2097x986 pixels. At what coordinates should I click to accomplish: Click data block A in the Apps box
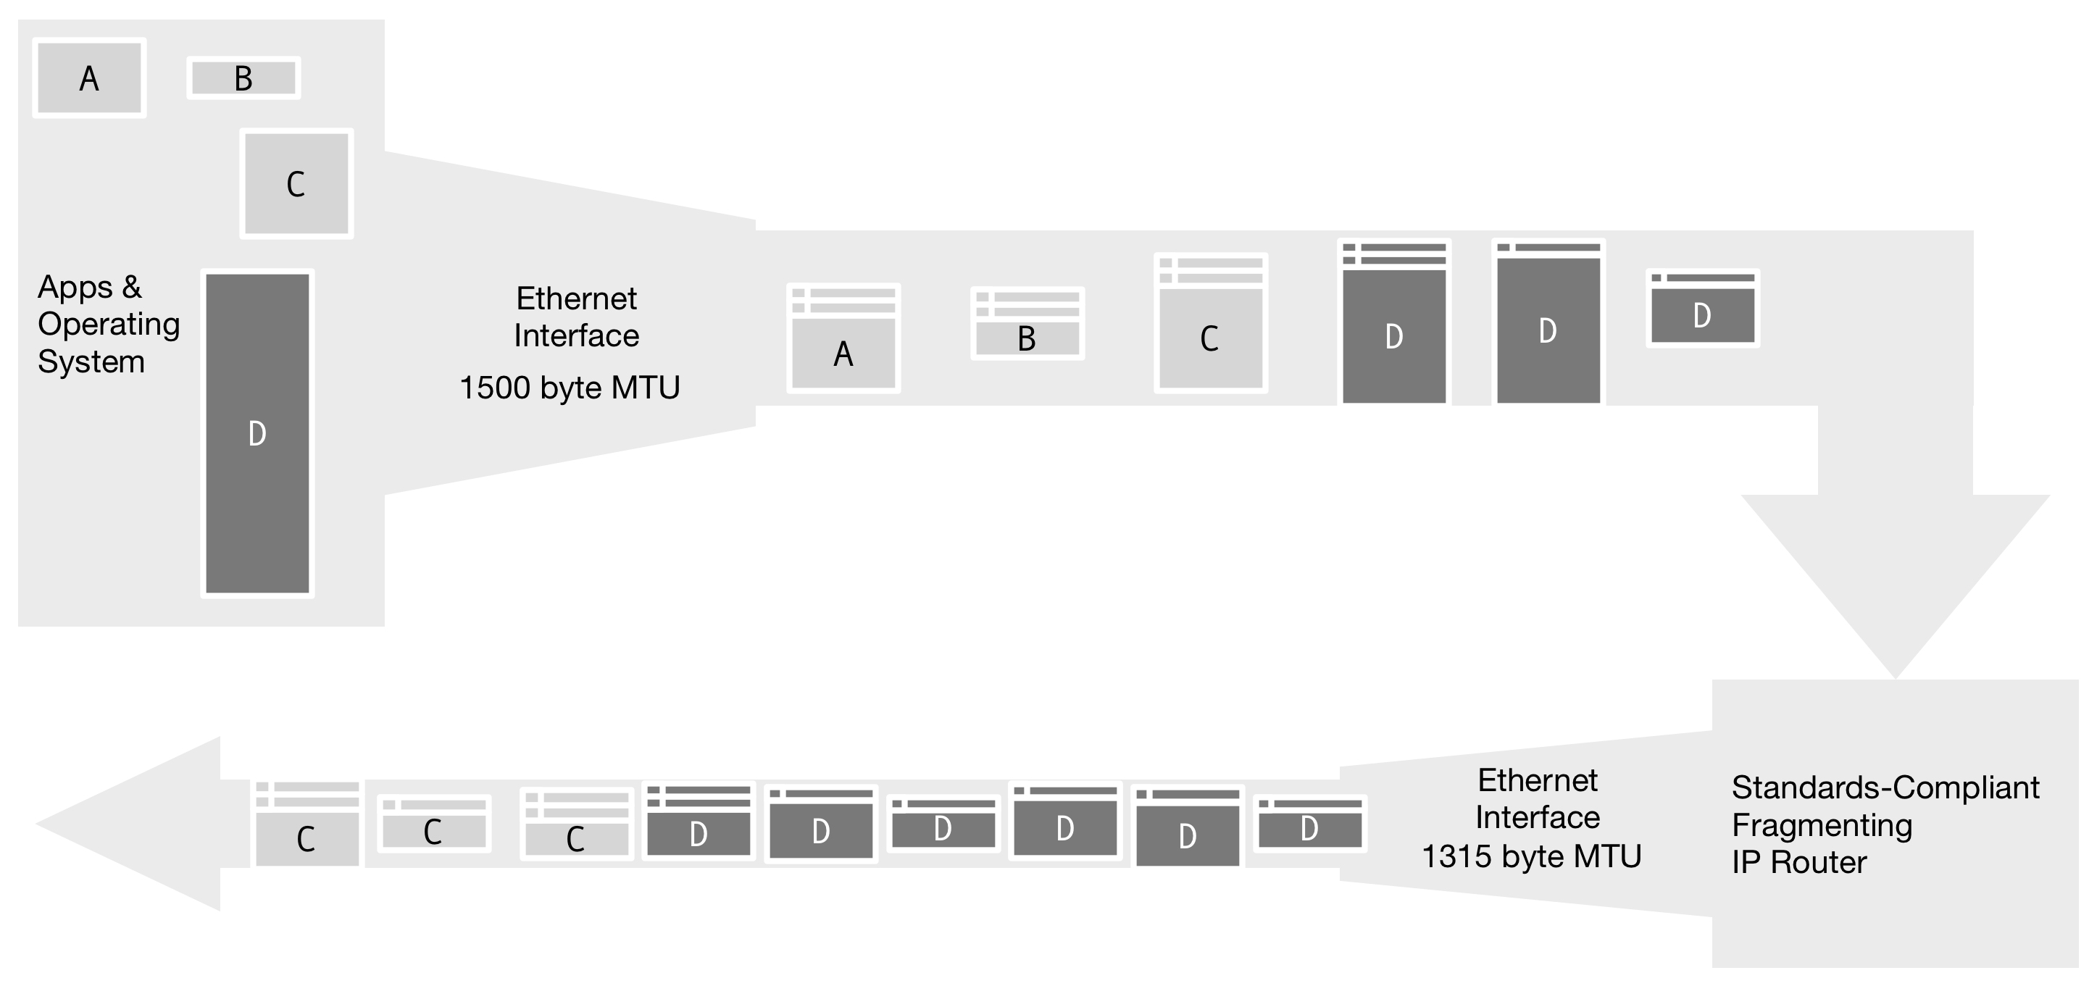pyautogui.click(x=90, y=78)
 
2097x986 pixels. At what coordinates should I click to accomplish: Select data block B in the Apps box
pyautogui.click(x=243, y=78)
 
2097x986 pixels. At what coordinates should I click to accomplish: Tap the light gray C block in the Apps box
pyautogui.click(x=296, y=183)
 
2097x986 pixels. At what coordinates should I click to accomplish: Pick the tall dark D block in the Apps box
pyautogui.click(x=257, y=433)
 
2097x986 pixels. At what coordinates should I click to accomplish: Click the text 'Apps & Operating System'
pyautogui.click(x=108, y=324)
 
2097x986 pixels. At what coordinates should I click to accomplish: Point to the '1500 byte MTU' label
pyautogui.click(x=570, y=388)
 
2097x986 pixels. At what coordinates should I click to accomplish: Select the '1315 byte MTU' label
pyautogui.click(x=1531, y=856)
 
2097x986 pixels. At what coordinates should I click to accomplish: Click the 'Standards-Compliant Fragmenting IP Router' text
pyautogui.click(x=1885, y=824)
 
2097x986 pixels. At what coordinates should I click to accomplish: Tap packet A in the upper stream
pyautogui.click(x=843, y=338)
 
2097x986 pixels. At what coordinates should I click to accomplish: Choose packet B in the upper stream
pyautogui.click(x=1027, y=323)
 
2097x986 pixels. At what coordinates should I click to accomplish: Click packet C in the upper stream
pyautogui.click(x=1211, y=323)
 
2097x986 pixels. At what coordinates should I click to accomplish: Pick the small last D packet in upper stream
pyautogui.click(x=1702, y=309)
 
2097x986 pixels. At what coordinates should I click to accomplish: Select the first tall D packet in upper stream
pyautogui.click(x=1393, y=322)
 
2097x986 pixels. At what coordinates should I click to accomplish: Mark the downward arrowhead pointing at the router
pyautogui.click(x=1895, y=586)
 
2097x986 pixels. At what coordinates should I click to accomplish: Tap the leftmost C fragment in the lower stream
pyautogui.click(x=308, y=823)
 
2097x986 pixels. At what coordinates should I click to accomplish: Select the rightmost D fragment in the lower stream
pyautogui.click(x=1310, y=824)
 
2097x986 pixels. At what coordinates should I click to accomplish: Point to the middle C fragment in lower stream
pyautogui.click(x=434, y=824)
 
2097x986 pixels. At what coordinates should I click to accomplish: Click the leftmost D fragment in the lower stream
pyautogui.click(x=699, y=821)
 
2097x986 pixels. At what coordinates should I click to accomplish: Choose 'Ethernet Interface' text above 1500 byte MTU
pyautogui.click(x=576, y=317)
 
